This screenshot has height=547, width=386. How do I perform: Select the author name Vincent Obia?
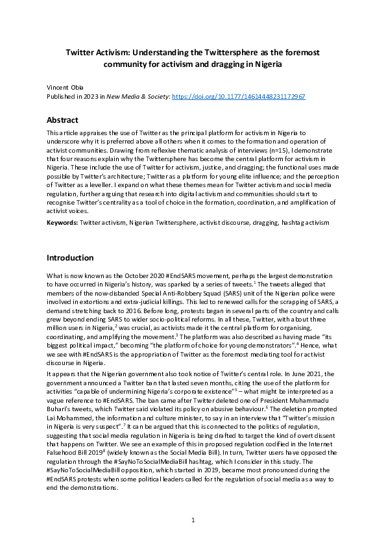click(x=65, y=86)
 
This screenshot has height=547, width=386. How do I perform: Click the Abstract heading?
click(x=63, y=120)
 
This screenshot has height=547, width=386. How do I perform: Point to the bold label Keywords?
click(x=62, y=223)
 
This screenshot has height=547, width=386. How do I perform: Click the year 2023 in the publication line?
click(x=94, y=96)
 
